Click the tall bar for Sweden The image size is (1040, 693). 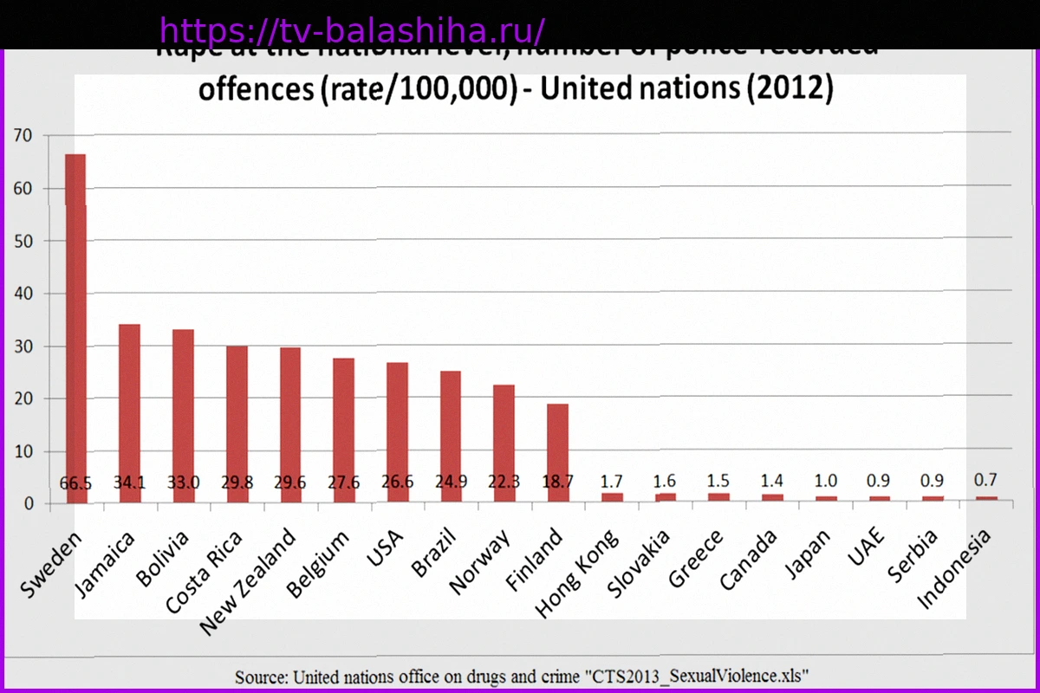click(x=75, y=321)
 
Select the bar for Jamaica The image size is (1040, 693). click(x=129, y=407)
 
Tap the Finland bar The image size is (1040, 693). click(x=557, y=450)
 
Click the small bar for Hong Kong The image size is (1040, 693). click(x=612, y=497)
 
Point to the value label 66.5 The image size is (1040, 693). click(x=75, y=483)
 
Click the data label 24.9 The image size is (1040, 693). click(x=451, y=483)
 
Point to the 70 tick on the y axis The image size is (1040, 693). click(x=22, y=135)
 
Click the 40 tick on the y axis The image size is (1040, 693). click(x=22, y=294)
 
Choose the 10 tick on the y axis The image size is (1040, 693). click(x=22, y=451)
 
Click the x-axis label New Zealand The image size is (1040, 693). click(x=248, y=580)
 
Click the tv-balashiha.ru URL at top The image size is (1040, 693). click(x=352, y=31)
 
